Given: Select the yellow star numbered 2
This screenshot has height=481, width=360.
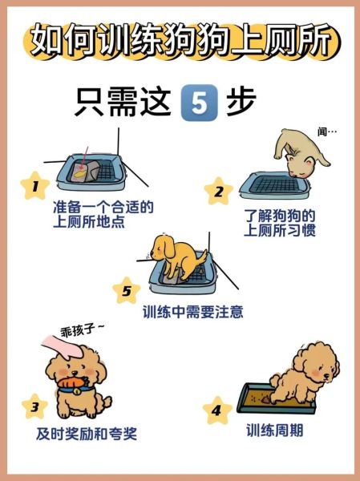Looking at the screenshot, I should pos(218,192).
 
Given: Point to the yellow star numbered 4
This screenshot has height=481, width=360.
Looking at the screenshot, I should pos(216,411).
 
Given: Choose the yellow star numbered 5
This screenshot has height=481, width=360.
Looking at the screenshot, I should pos(126,290).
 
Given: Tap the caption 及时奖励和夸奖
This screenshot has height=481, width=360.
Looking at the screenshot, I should pos(87,434).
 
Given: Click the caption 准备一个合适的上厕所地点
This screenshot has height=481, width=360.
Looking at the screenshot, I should pos(102,214).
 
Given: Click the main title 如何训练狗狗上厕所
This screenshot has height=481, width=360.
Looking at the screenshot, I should pos(180,40).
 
